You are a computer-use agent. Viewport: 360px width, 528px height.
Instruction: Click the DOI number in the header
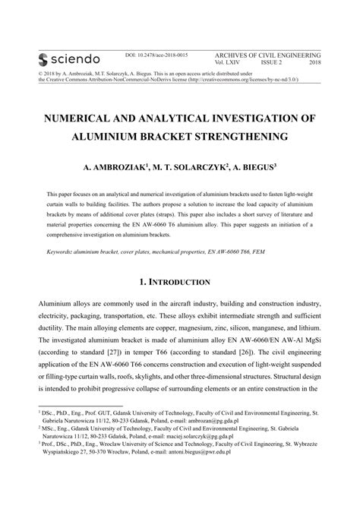[x=156, y=56]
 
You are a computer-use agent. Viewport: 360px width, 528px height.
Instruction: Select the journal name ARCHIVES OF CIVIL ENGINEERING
[x=268, y=56]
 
